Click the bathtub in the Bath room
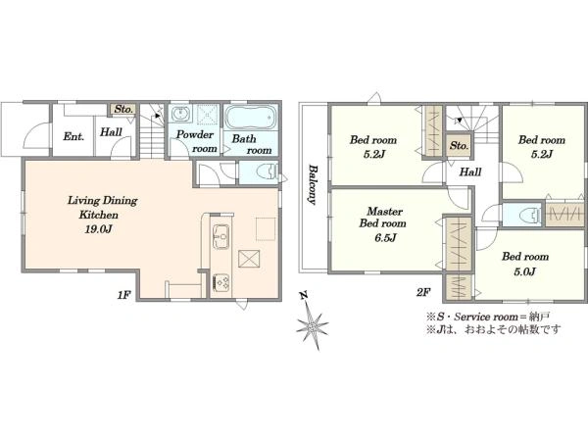point(251,117)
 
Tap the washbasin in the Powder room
point(181,113)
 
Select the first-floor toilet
point(267,172)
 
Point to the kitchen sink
point(221,236)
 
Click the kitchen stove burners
point(221,282)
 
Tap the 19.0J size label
point(99,229)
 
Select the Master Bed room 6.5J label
point(383,224)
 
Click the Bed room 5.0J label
point(525,264)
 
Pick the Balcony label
point(312,185)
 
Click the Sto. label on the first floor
point(123,109)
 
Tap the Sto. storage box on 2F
point(460,145)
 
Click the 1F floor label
point(123,296)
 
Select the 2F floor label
point(422,292)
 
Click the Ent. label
point(73,136)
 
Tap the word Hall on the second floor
point(470,172)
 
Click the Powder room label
point(197,141)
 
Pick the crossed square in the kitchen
point(249,259)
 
